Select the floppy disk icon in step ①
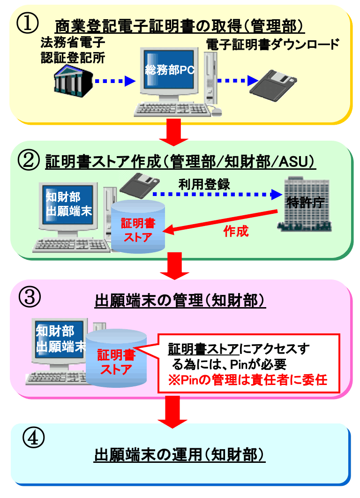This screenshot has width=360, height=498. point(272,83)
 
